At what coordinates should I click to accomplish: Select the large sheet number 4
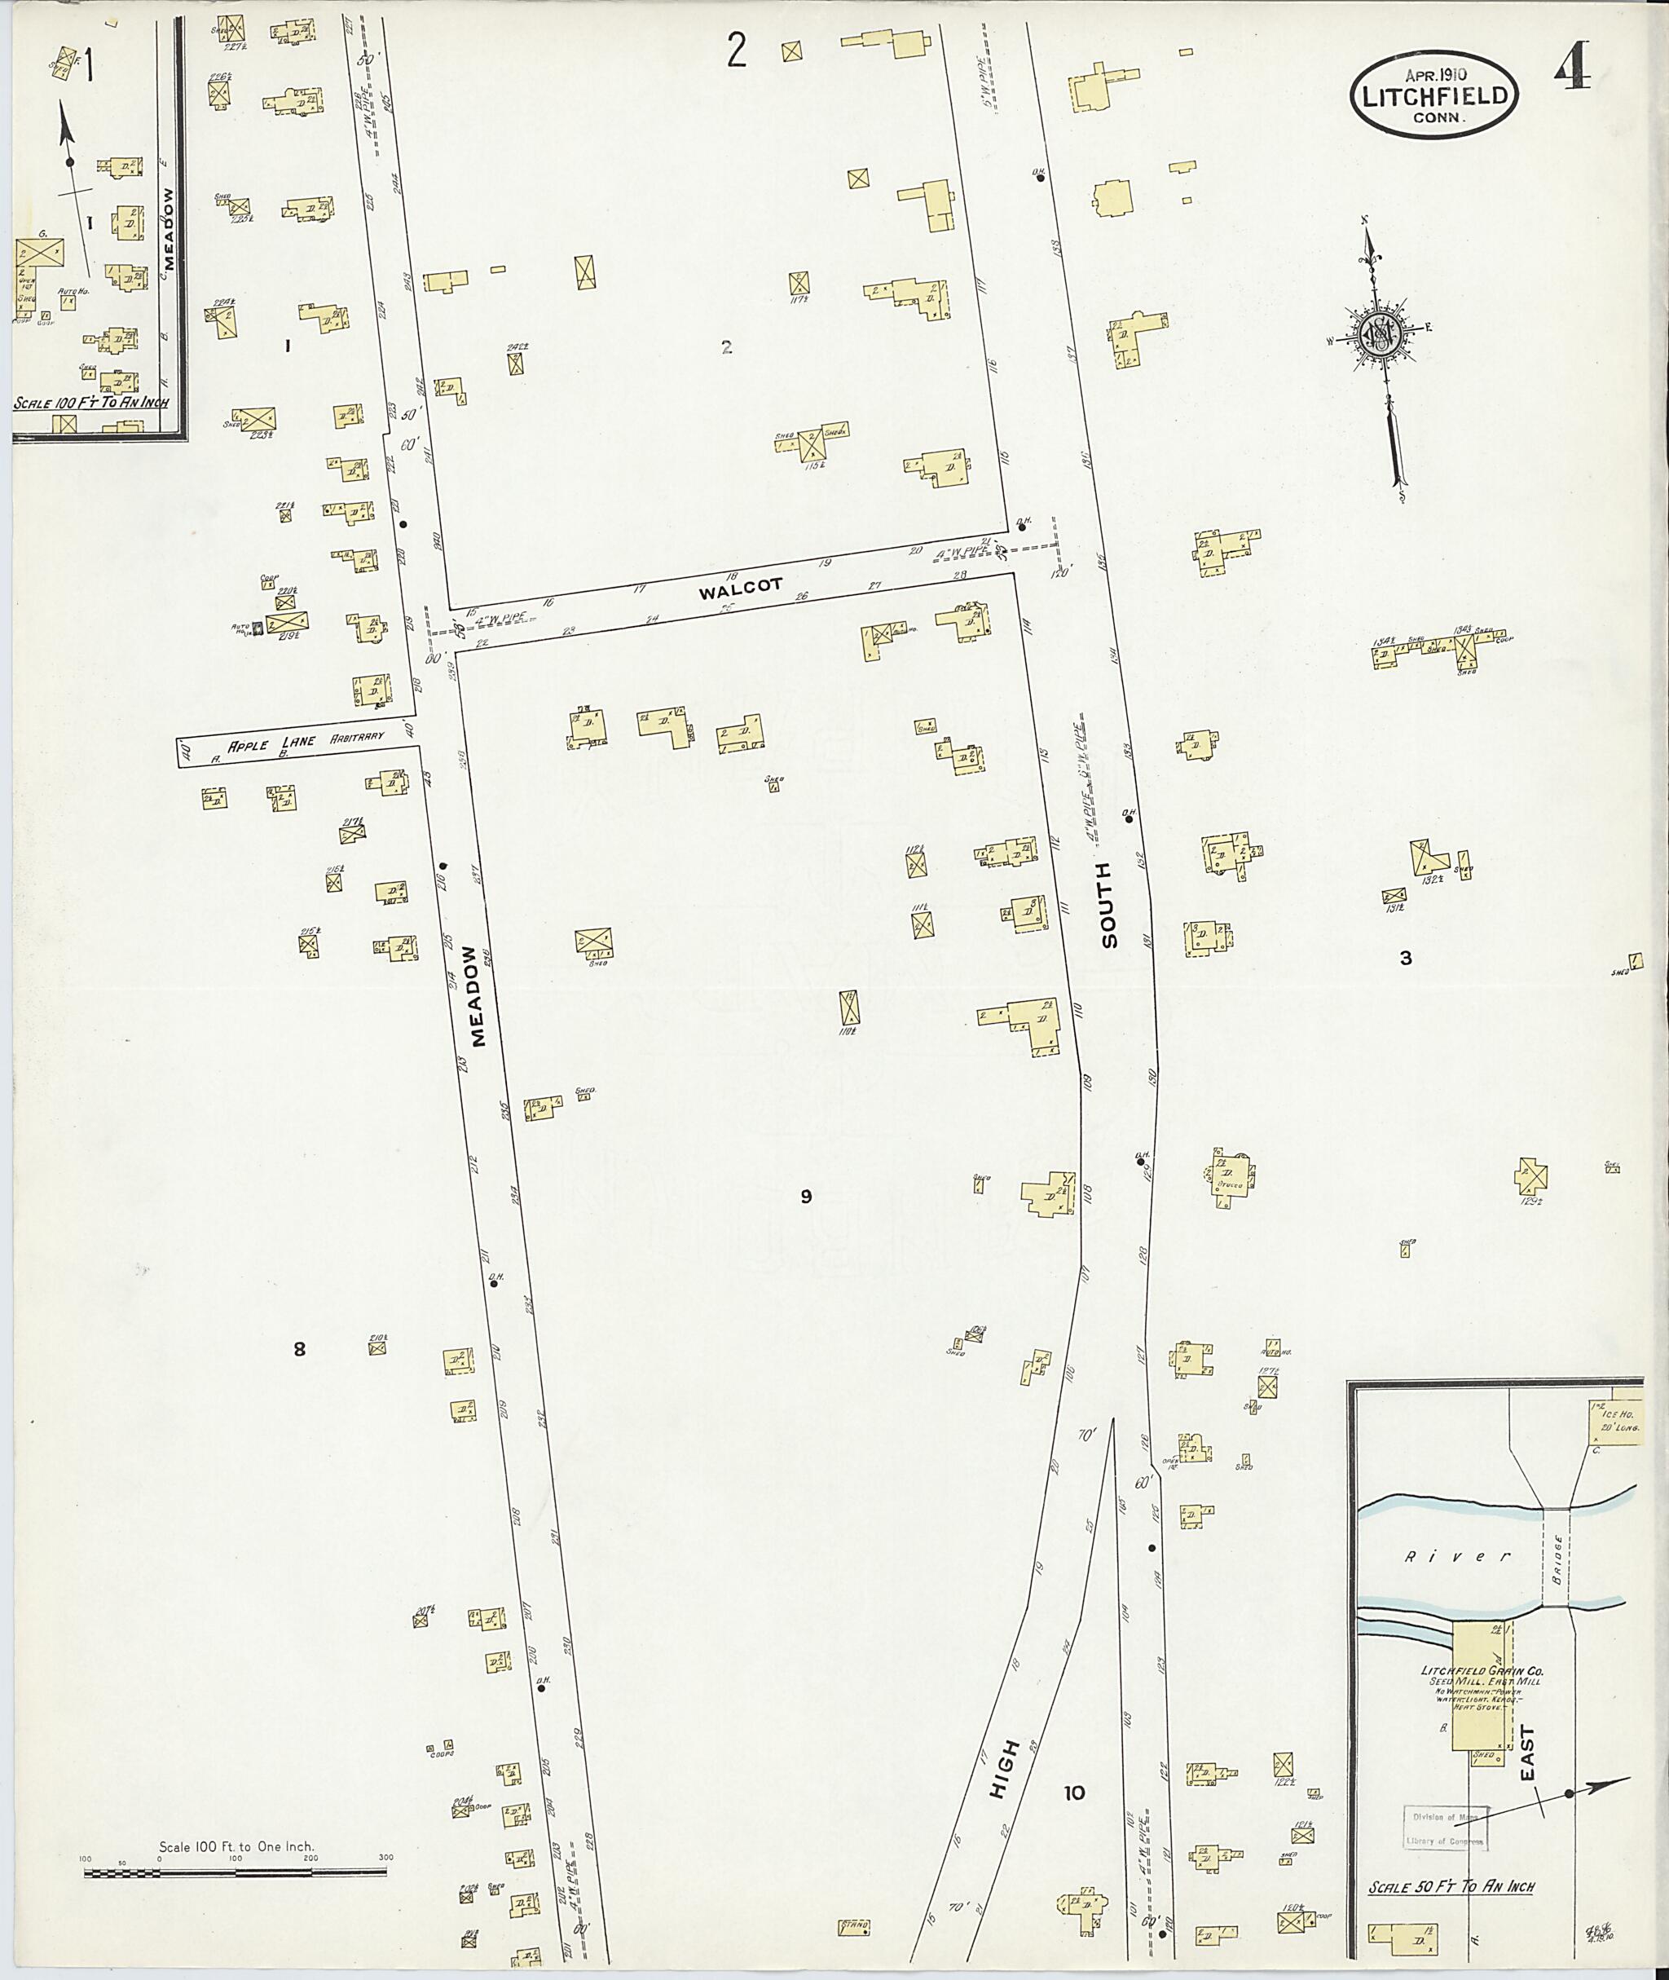[1571, 66]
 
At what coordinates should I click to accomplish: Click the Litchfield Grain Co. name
[1481, 1670]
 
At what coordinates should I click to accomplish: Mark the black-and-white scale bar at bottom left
[236, 1872]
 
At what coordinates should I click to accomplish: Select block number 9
[806, 1197]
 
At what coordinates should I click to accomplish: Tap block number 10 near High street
[1074, 1793]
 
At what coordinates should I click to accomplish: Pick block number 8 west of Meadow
[300, 1350]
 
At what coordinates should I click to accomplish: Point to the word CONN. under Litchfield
[1438, 118]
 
